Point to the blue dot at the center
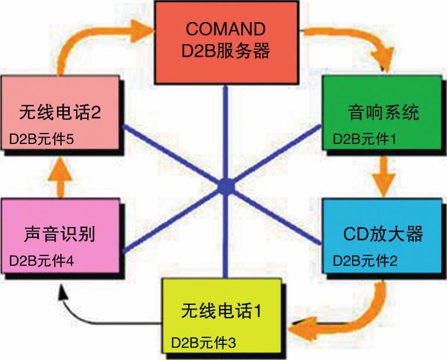click(x=226, y=187)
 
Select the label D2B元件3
click(x=203, y=341)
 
